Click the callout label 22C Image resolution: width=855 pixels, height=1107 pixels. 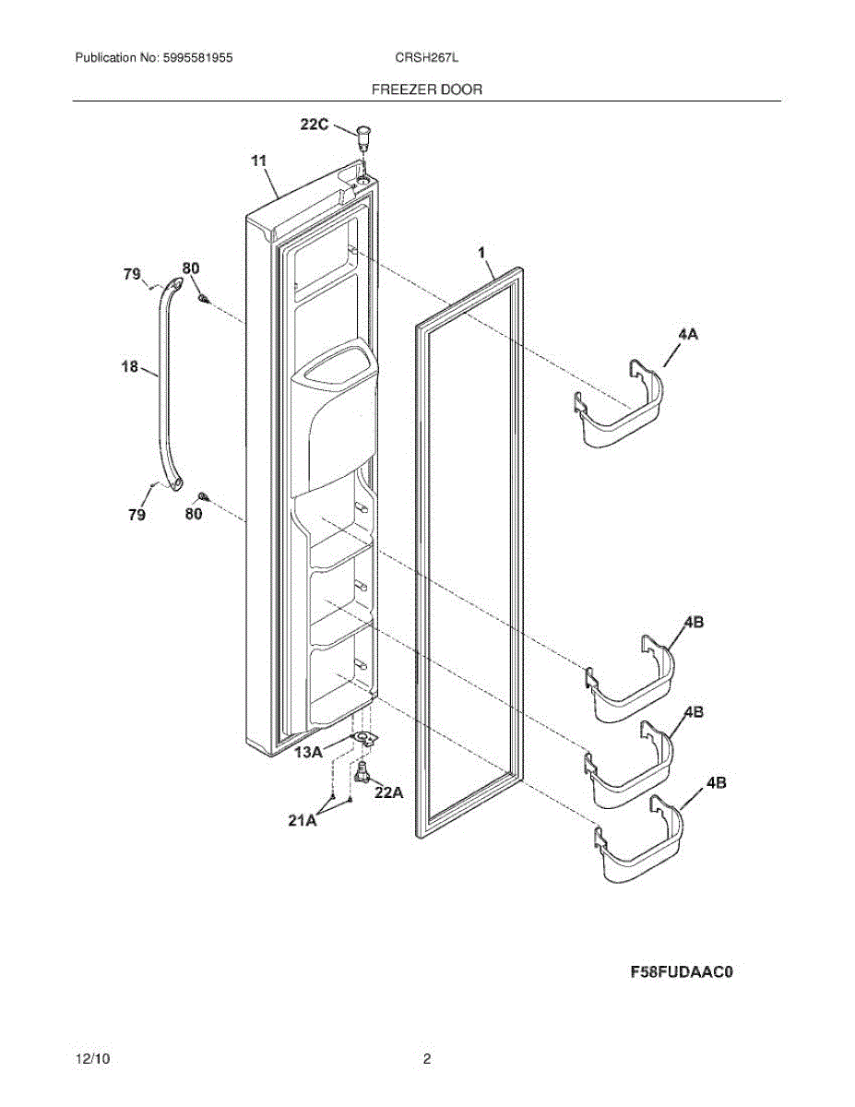tap(314, 125)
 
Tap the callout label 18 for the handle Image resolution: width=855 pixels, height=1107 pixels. tap(130, 367)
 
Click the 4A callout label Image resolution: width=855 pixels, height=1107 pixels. tap(687, 337)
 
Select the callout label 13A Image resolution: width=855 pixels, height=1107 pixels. tap(308, 753)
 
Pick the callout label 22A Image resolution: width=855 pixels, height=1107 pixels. tap(388, 791)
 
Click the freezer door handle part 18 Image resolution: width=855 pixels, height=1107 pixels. tap(166, 387)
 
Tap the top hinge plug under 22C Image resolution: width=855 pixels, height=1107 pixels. tap(362, 136)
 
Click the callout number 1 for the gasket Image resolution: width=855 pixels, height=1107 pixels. tap(481, 251)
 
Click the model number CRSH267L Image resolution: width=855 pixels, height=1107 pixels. tap(426, 57)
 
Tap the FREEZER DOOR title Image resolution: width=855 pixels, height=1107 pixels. tap(426, 89)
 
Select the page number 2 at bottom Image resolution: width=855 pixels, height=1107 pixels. tap(426, 1060)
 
